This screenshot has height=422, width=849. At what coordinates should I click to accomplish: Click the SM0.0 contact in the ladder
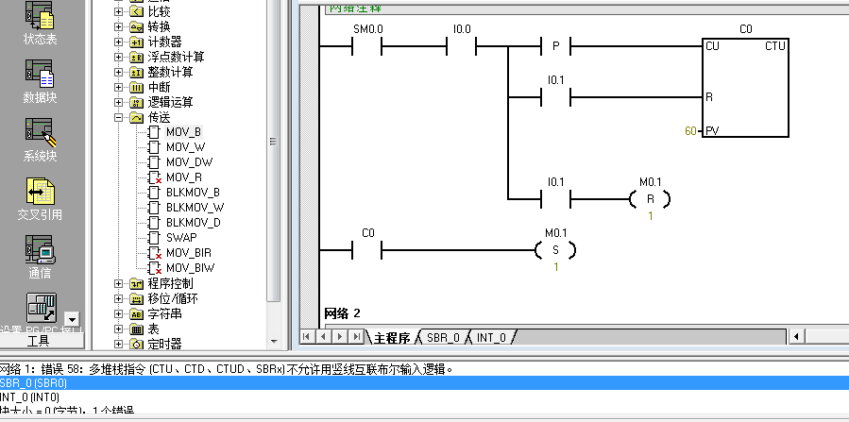(x=366, y=46)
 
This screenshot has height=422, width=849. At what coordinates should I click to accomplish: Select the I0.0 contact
(x=461, y=46)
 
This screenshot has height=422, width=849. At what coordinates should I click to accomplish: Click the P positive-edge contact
(x=555, y=46)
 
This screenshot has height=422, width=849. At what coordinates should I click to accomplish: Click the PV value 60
(x=690, y=131)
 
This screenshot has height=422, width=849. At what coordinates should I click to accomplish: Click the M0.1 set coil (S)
(x=554, y=250)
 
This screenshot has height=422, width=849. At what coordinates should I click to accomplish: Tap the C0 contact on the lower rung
(x=367, y=250)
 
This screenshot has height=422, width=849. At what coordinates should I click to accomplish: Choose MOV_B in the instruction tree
(x=183, y=132)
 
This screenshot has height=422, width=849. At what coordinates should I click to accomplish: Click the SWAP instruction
(x=181, y=238)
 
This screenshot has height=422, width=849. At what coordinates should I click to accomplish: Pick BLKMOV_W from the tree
(x=195, y=208)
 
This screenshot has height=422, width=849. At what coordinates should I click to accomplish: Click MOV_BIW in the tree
(x=190, y=268)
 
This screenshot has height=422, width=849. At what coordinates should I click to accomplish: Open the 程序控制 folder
(x=170, y=283)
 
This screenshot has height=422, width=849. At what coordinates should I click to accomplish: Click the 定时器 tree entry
(x=164, y=344)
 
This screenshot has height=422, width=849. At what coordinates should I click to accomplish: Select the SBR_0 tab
(x=443, y=337)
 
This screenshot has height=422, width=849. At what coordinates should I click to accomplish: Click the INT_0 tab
(x=491, y=337)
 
